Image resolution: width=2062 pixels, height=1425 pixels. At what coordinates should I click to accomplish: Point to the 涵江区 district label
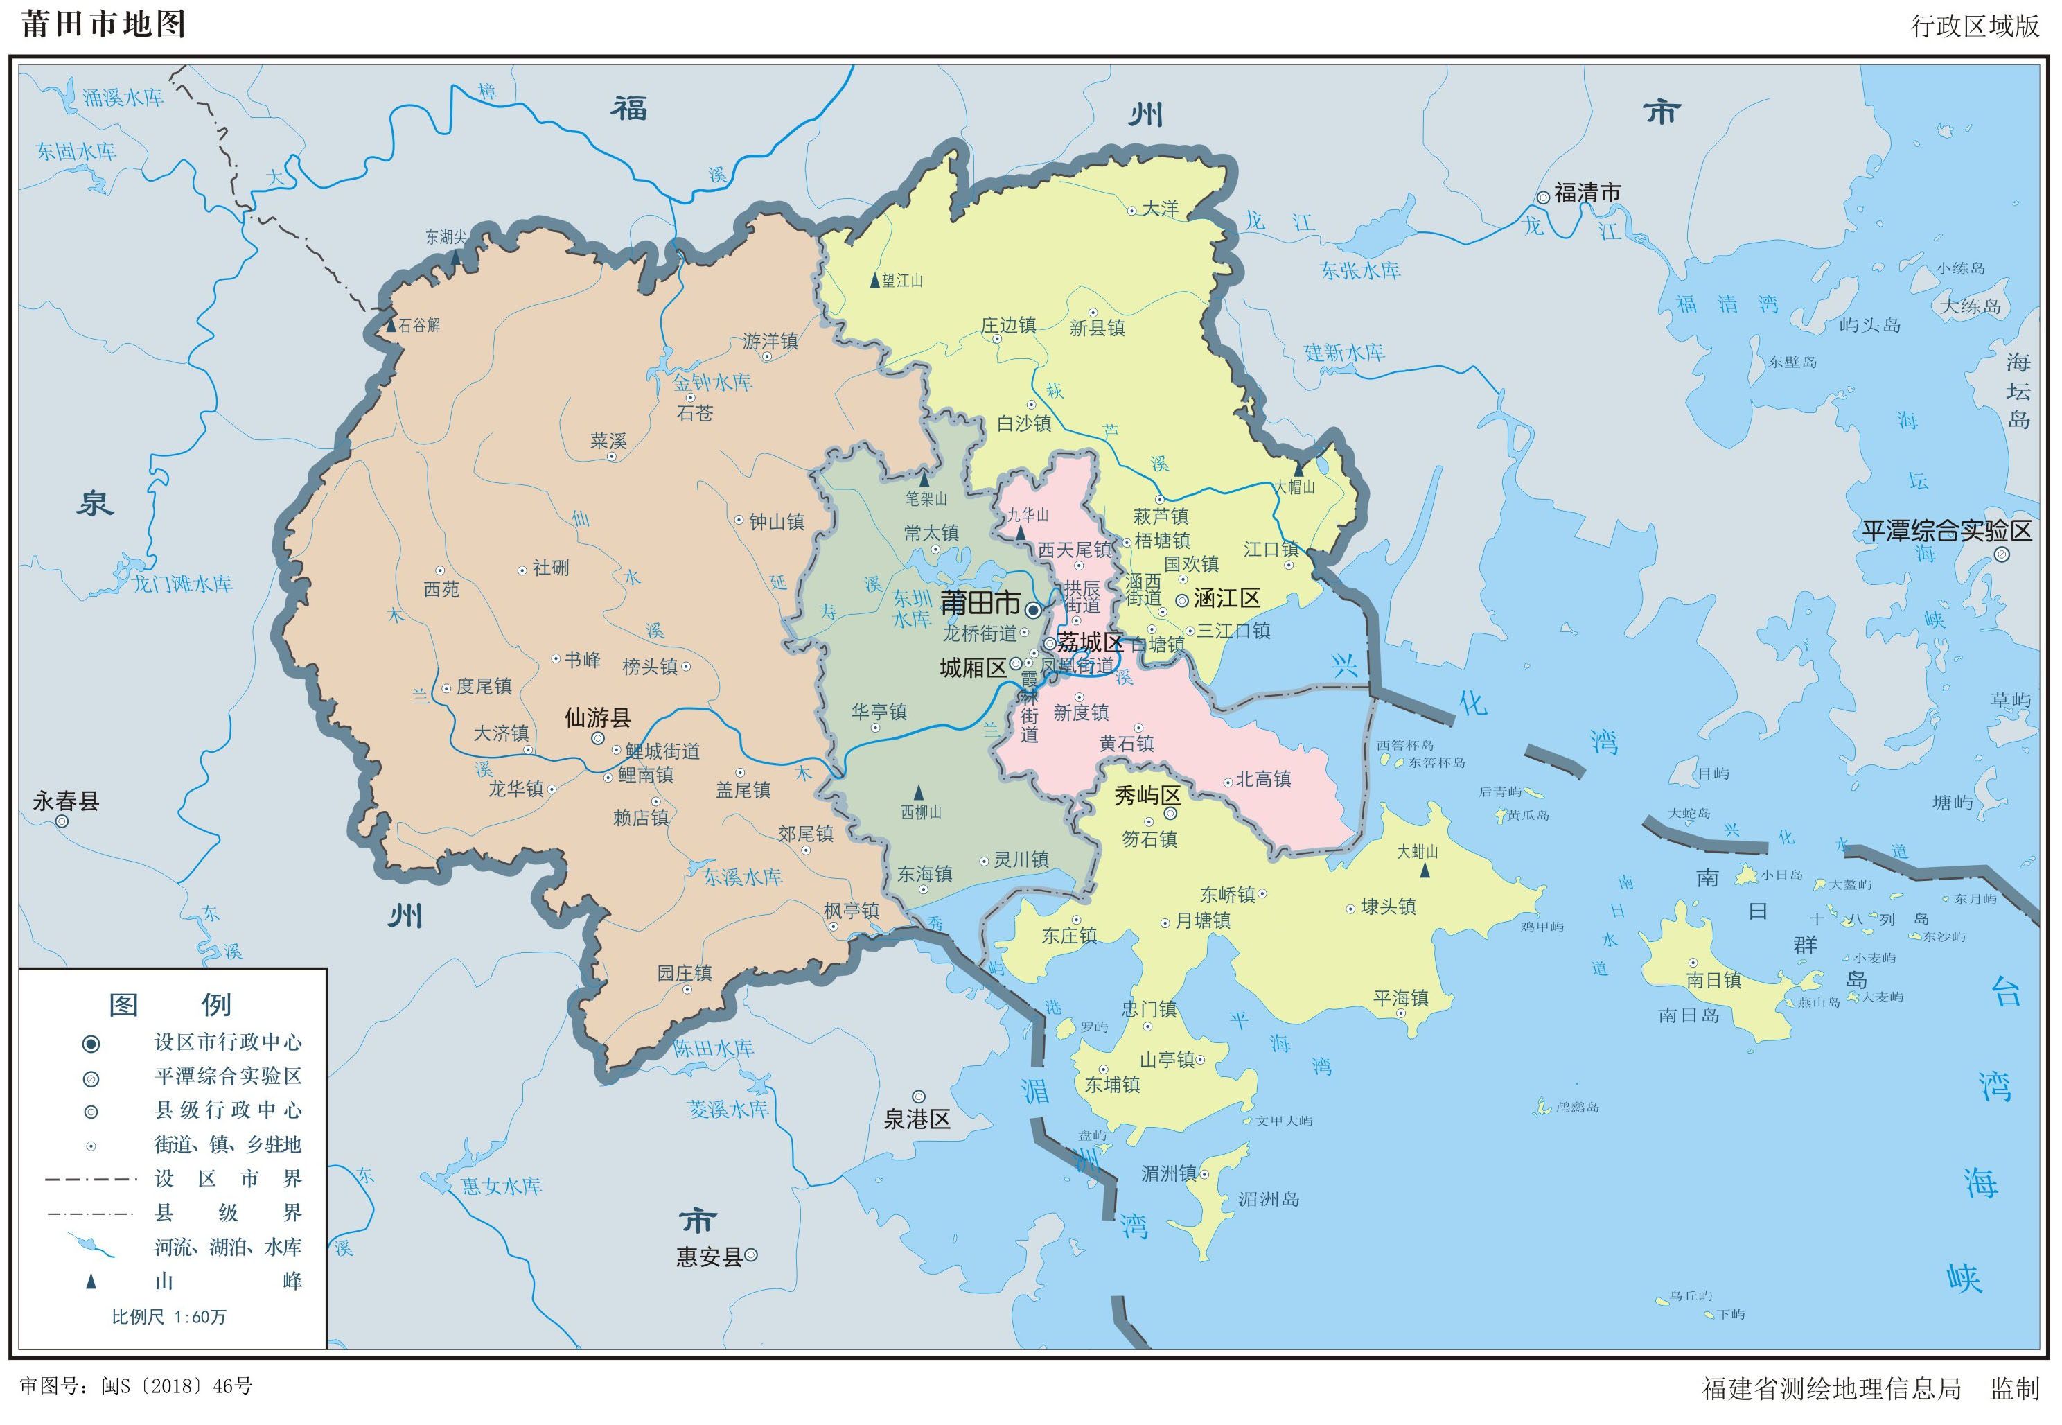pos(1226,598)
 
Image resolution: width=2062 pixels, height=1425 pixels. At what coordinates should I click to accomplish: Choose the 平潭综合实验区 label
pos(1946,531)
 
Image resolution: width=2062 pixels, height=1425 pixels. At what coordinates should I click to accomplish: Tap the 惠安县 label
pos(709,1257)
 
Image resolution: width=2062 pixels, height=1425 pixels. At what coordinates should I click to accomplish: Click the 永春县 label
pos(65,801)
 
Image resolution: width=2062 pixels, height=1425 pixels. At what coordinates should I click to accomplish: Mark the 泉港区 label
pos(917,1119)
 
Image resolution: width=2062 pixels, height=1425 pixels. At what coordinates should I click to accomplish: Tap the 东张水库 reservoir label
pos(1360,270)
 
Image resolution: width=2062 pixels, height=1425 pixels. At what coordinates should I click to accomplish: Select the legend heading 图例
pos(170,1004)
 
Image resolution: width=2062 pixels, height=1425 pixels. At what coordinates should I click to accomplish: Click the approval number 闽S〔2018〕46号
pos(177,1385)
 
